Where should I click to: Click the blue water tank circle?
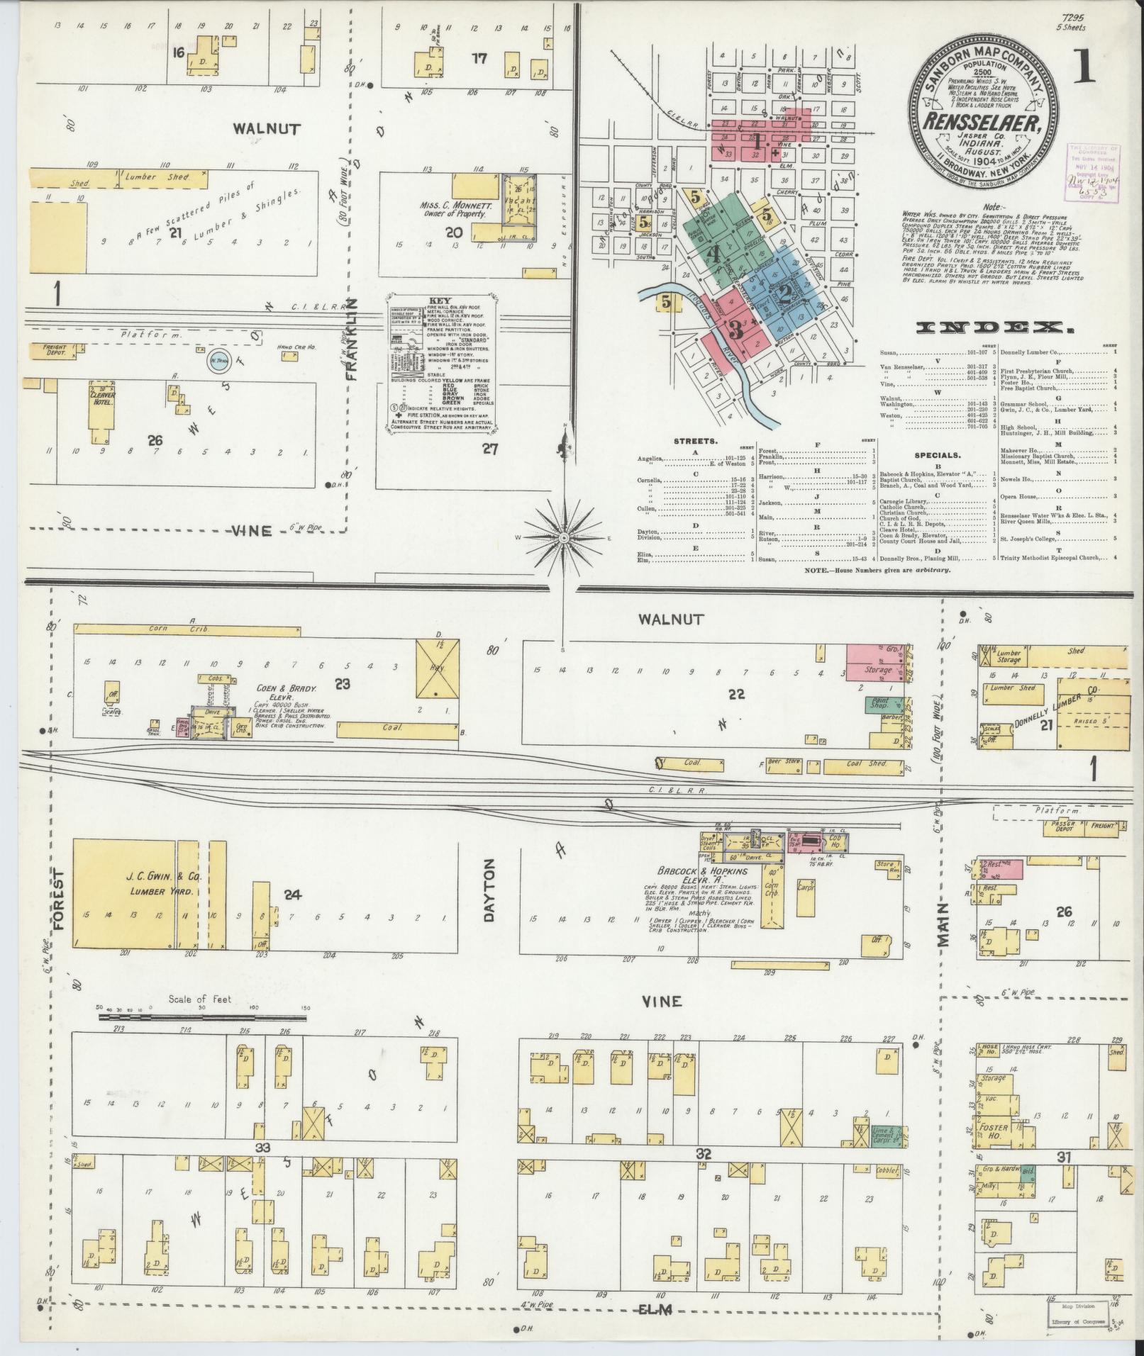218,362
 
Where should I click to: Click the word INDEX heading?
992,328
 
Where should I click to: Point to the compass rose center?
564,538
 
